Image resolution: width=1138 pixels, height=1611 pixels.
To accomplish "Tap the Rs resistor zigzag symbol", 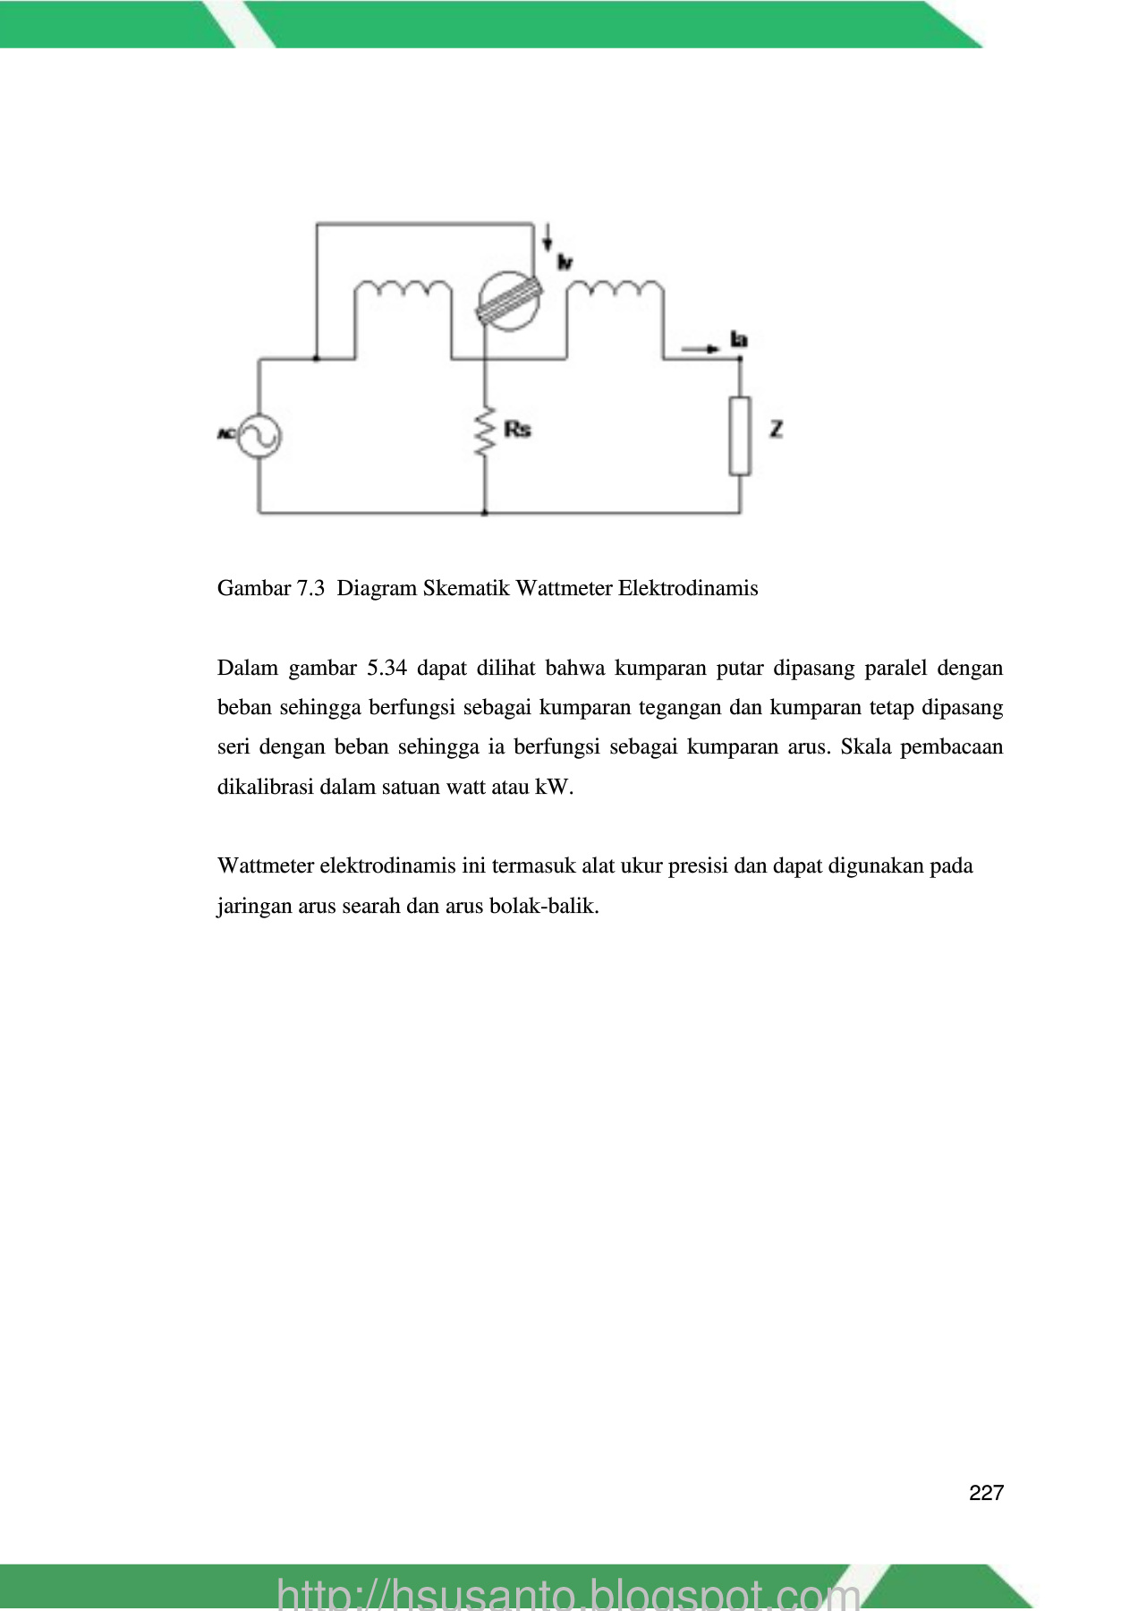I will [x=485, y=431].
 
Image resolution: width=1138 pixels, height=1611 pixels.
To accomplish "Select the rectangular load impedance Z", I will [x=740, y=436].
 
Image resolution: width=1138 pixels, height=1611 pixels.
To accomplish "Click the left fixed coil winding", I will [x=403, y=289].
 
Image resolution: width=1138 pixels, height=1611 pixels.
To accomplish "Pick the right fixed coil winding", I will [x=616, y=288].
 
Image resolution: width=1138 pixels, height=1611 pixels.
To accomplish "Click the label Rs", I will [x=517, y=430].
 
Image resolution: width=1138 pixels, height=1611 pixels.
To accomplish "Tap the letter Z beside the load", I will [x=776, y=430].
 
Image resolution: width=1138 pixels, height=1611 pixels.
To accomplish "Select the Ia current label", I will [x=739, y=339].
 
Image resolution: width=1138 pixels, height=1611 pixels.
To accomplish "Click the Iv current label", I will [x=565, y=261].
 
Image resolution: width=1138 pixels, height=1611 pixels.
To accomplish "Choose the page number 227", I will [x=986, y=1493].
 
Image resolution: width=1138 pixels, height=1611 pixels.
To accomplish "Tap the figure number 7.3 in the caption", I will [x=310, y=589].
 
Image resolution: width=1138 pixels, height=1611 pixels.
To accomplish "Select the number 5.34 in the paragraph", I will [x=386, y=669].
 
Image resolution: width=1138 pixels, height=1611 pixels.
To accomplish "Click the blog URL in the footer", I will [x=568, y=1593].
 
